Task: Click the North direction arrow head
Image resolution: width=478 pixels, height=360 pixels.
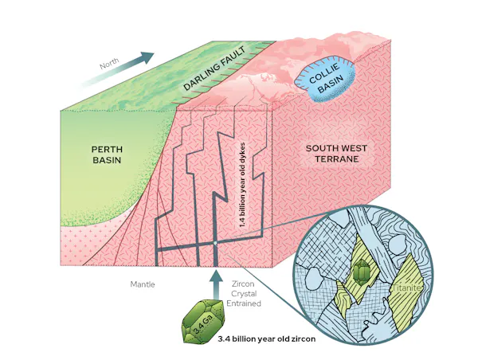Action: pos(147,57)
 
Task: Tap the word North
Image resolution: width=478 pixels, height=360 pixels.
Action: pos(109,65)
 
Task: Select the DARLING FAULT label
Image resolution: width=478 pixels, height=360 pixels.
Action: pos(214,68)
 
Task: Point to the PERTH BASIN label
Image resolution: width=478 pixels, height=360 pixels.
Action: pos(107,155)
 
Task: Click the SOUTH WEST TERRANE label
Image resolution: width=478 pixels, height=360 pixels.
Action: pos(336,154)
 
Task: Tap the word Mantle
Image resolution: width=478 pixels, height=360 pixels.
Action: pos(143,284)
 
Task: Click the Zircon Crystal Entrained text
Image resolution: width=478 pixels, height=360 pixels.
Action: pos(244,294)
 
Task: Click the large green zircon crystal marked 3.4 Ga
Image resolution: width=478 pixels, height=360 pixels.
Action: pos(203,322)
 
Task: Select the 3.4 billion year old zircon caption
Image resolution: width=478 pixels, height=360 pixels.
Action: pos(267,338)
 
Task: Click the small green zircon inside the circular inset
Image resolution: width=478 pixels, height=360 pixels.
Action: pos(362,271)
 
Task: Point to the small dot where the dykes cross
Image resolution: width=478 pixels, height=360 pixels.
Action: pos(215,243)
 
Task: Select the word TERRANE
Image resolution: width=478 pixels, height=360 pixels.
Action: pos(336,159)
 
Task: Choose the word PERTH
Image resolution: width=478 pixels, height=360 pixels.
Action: pos(107,150)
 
